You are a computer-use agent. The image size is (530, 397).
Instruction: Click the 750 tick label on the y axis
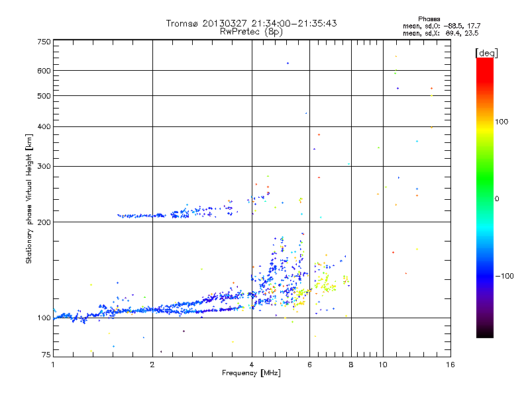(44, 42)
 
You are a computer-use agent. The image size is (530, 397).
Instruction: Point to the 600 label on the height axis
(44, 71)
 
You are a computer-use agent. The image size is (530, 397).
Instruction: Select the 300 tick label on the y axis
(44, 167)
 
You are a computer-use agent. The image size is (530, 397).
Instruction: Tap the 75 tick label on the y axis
(46, 356)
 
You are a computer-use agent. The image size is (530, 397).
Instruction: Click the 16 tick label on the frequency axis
(450, 364)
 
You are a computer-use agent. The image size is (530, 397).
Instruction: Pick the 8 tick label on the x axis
(351, 364)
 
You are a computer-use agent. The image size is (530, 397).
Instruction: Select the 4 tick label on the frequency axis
(252, 364)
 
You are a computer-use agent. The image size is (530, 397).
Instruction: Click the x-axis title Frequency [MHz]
(251, 373)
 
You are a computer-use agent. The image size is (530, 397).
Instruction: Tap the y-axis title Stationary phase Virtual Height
(29, 198)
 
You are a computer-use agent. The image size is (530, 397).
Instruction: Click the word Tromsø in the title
(183, 23)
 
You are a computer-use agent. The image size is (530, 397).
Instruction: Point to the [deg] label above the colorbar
(486, 52)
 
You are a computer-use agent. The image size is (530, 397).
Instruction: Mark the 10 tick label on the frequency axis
(382, 364)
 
